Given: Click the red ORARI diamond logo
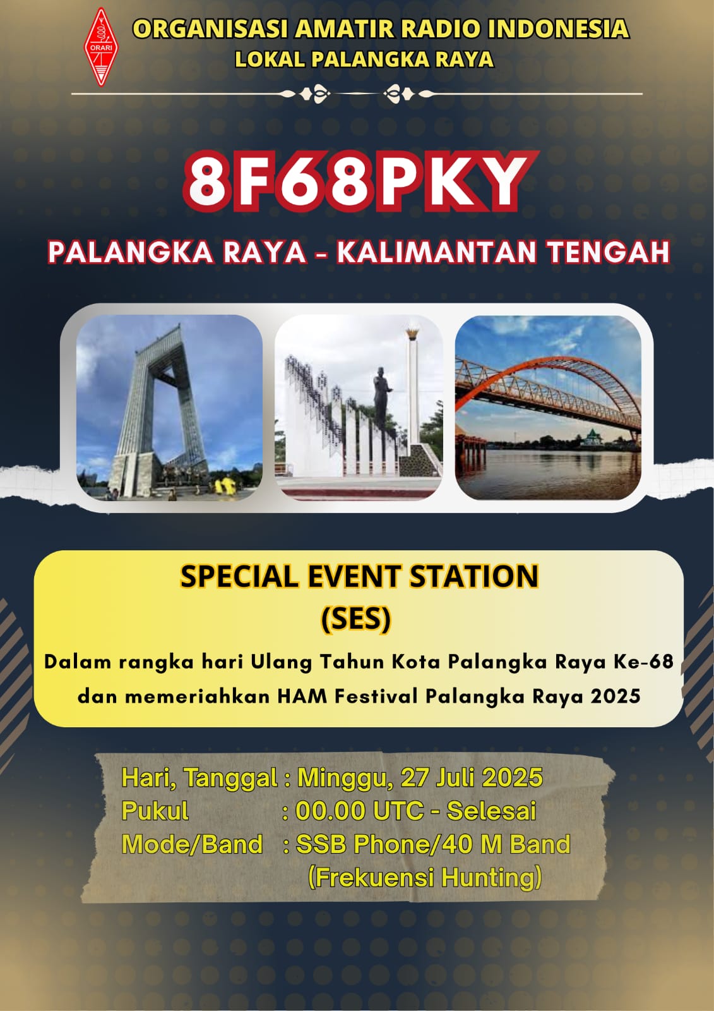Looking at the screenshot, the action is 100,47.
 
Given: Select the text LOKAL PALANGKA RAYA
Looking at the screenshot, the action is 364,60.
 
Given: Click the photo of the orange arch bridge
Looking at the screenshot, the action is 548,408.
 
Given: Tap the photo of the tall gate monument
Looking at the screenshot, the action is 169,408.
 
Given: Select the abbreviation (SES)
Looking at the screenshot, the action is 356,619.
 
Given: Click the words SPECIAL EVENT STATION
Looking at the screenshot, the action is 359,576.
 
